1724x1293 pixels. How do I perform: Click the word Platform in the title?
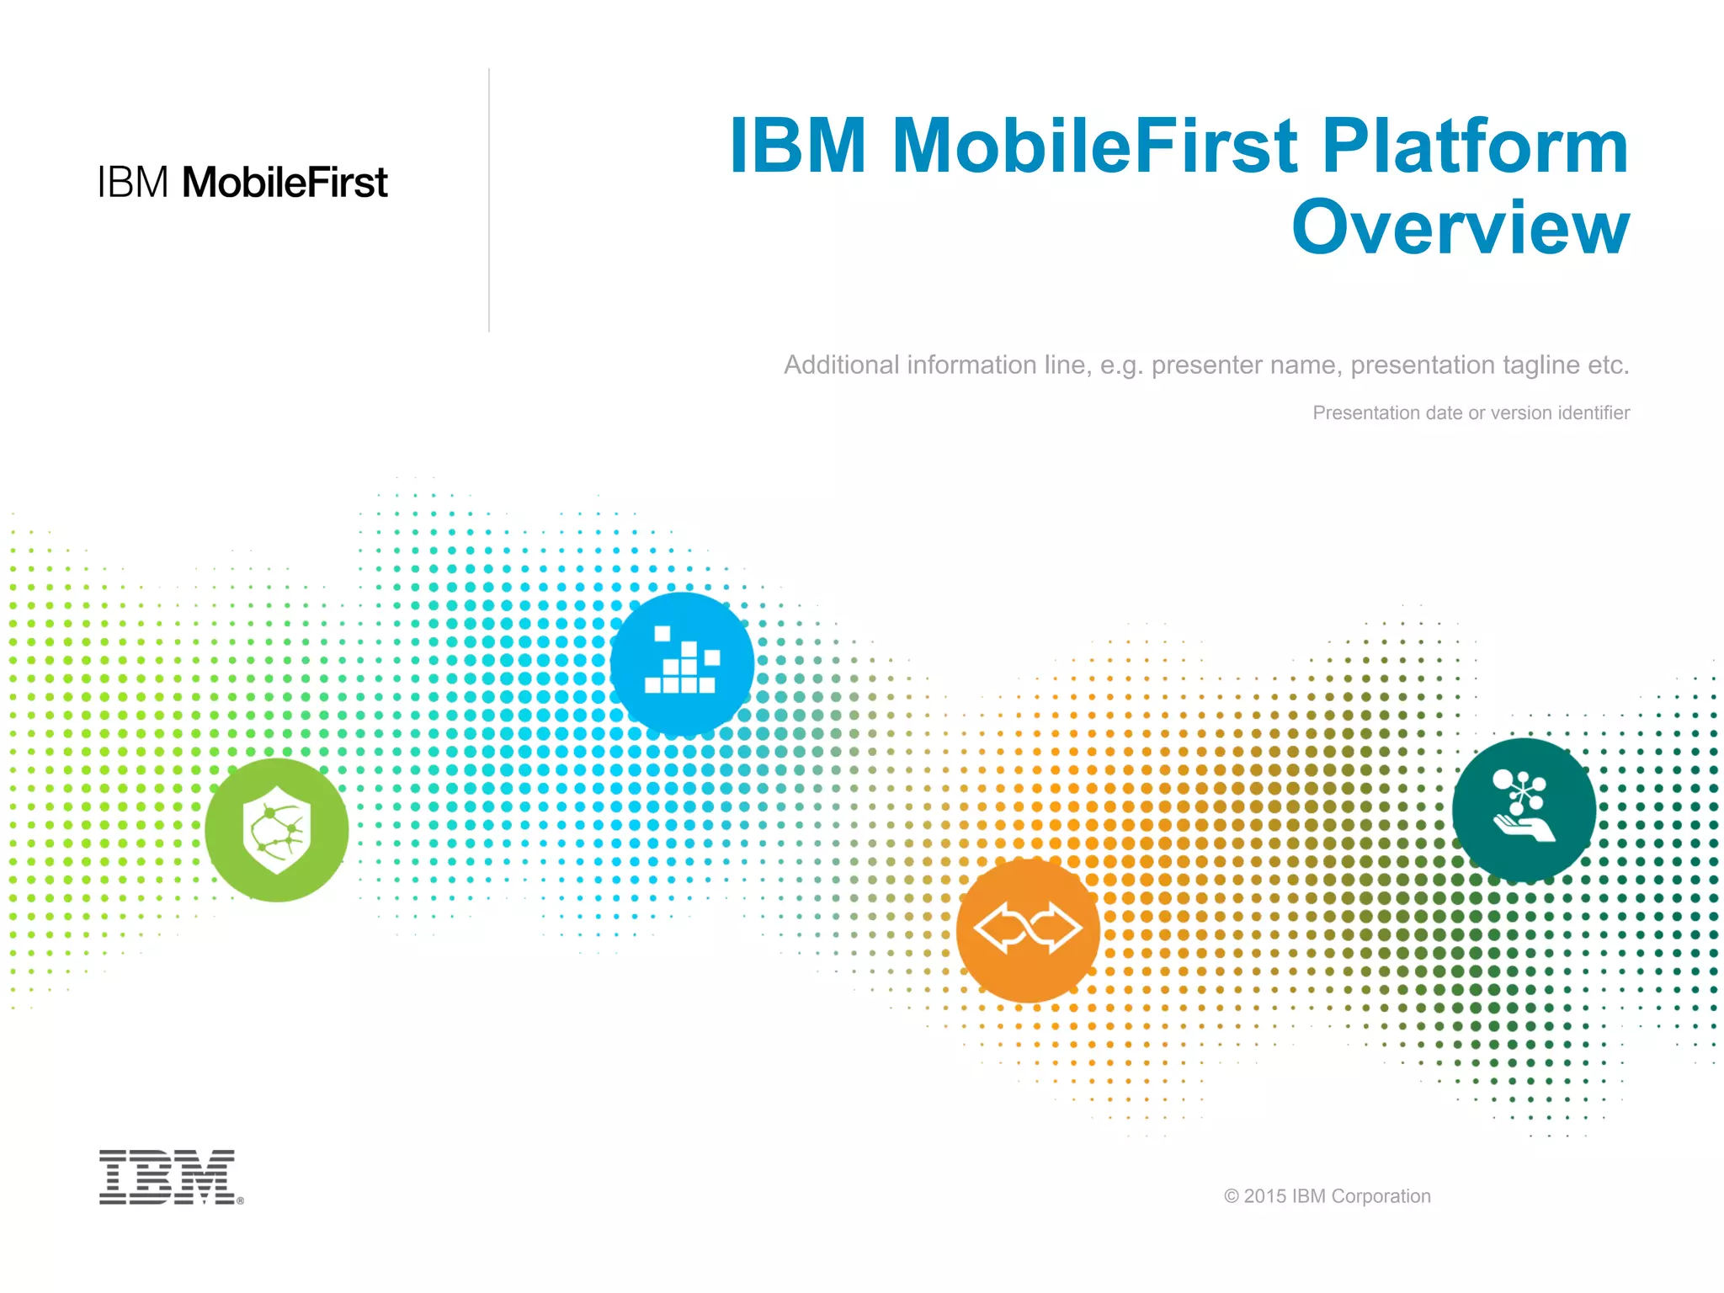coord(1475,146)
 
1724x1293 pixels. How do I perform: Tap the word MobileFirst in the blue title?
coord(1094,146)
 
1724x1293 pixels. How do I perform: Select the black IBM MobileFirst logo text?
coord(242,183)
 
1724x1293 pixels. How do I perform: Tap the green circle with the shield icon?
coord(276,830)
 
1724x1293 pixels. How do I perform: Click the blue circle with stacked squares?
coord(682,664)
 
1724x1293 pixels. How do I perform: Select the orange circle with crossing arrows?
coord(1028,930)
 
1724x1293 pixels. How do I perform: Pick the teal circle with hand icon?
coord(1524,810)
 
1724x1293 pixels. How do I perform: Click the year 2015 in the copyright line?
coord(1265,1196)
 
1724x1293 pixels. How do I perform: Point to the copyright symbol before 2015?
coord(1232,1196)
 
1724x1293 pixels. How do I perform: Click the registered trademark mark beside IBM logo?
coord(241,1201)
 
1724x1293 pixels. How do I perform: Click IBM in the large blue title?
coord(797,146)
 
